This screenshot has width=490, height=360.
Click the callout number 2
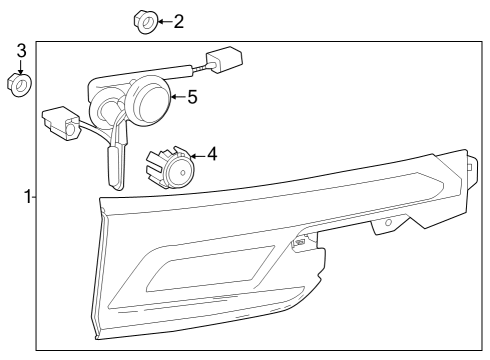(178, 20)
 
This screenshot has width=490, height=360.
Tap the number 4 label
(212, 155)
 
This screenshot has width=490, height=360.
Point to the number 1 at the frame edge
(28, 196)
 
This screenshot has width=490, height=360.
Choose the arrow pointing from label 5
(178, 97)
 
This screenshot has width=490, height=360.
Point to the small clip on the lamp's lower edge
(299, 242)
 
